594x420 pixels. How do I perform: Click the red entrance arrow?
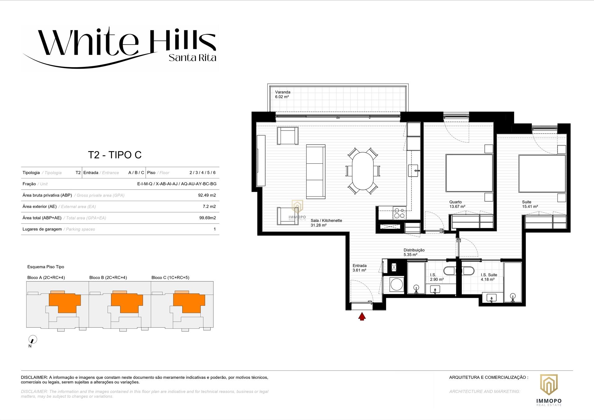click(362, 317)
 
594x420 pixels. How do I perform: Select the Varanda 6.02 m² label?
click(282, 94)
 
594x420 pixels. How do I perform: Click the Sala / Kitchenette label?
click(326, 223)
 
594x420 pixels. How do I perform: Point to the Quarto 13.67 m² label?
click(457, 204)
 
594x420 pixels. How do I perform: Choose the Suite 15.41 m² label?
click(530, 204)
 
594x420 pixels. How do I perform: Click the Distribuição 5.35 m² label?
click(414, 252)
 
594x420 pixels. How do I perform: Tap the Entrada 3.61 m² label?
click(359, 268)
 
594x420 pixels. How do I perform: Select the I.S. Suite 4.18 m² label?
click(489, 277)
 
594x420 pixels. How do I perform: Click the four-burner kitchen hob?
click(399, 213)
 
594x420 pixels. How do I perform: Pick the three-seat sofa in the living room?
click(316, 171)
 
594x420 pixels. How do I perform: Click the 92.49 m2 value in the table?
click(207, 195)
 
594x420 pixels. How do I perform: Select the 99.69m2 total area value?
click(208, 218)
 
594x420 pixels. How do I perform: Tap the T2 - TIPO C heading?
click(115, 155)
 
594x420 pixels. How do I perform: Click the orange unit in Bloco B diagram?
click(127, 302)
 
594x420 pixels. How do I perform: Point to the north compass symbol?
click(32, 339)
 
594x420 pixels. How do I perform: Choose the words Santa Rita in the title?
click(192, 58)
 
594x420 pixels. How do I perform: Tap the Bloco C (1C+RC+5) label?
click(170, 277)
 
